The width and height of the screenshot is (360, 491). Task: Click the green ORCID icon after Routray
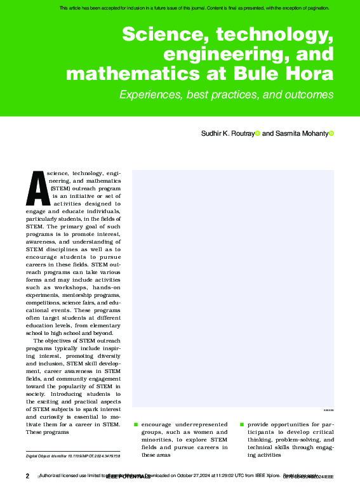[257, 133]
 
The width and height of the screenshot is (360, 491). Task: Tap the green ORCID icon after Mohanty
[331, 133]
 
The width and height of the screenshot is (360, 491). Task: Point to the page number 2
[27, 476]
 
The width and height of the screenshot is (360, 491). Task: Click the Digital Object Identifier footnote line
[73, 456]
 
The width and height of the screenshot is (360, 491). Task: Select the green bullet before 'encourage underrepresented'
[135, 424]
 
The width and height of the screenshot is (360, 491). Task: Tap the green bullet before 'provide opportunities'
[241, 424]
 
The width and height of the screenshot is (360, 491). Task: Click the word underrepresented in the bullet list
[201, 424]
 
